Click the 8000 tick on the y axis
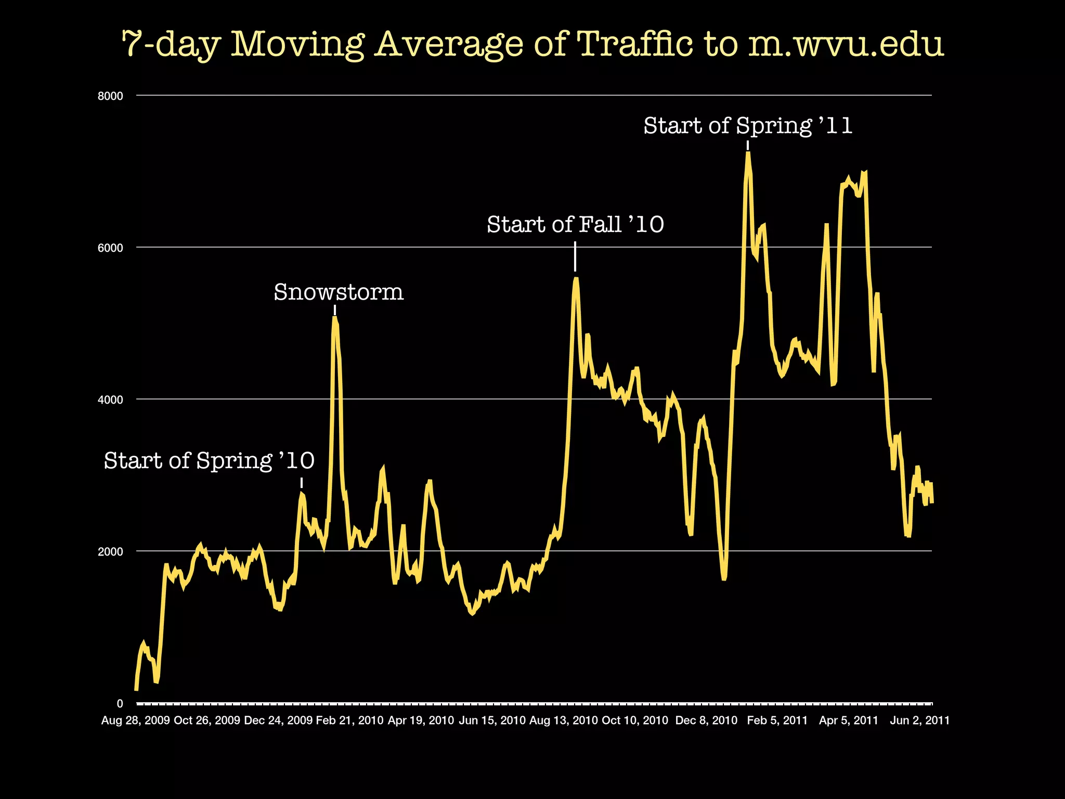(110, 96)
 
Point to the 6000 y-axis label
(110, 248)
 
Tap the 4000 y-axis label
(110, 399)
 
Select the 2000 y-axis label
(110, 551)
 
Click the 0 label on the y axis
(120, 703)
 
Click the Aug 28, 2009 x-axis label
(135, 720)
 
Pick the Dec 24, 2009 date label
(278, 720)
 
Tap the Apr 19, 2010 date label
(421, 720)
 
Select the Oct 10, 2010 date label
(634, 720)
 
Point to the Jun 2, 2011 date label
(919, 720)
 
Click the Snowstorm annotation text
(339, 292)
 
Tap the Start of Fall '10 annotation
(575, 225)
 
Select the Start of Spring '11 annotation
(748, 126)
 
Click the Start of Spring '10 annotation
(209, 461)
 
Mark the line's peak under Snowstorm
(334, 317)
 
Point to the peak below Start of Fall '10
(575, 279)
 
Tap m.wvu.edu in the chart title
(846, 44)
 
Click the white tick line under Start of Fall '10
(575, 256)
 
